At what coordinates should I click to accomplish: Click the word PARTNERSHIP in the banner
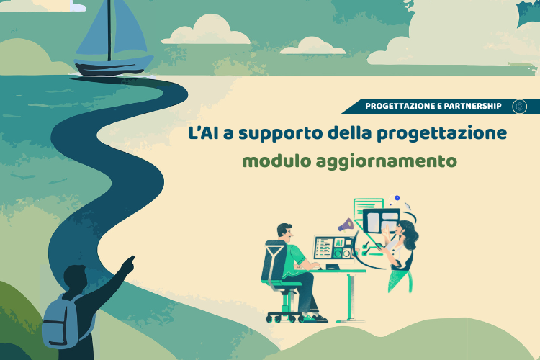tap(472, 106)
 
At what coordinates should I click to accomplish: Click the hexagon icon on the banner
tap(519, 107)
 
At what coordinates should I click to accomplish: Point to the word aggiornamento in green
tap(387, 162)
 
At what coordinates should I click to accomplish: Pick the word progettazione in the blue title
tap(441, 134)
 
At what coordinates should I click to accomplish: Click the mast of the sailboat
tap(109, 30)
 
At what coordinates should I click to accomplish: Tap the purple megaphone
tap(346, 225)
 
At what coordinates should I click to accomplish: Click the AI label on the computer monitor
tap(338, 243)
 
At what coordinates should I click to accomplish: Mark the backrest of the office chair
tap(274, 261)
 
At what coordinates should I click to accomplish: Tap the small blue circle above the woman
tap(397, 198)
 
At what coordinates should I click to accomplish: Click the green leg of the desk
tap(351, 296)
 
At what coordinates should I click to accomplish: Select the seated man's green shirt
tap(294, 259)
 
